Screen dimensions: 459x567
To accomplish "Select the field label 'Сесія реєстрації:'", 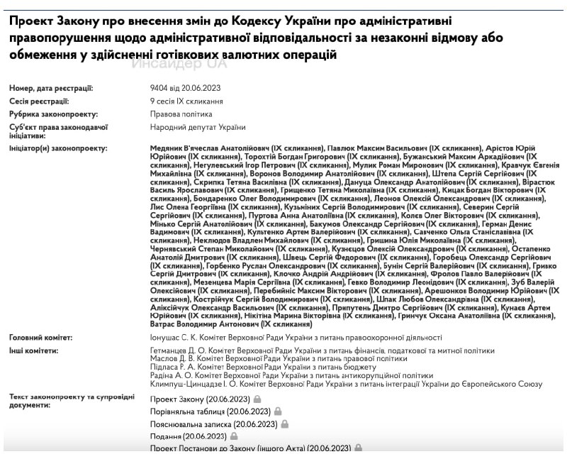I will click(39, 101).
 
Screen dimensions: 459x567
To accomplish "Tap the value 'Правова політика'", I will click(181, 114).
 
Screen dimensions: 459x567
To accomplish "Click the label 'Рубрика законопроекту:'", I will click(53, 114).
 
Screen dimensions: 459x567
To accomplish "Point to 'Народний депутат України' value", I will click(198, 127).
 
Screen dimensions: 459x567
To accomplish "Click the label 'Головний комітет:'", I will click(43, 337).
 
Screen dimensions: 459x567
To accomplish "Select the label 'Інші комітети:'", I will click(33, 350).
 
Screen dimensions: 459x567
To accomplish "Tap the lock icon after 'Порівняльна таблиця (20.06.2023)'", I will click(279, 411).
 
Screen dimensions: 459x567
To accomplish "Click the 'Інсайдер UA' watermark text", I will click(179, 63).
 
